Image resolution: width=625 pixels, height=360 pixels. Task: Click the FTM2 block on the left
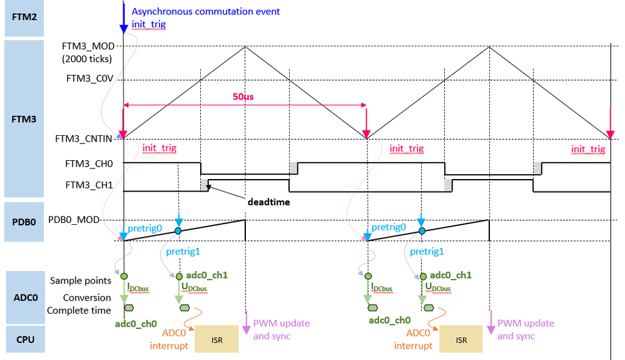(x=24, y=18)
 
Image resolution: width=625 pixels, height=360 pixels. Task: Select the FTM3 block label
(x=24, y=119)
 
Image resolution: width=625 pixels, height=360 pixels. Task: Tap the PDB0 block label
(x=24, y=222)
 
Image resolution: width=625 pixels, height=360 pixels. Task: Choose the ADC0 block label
(x=26, y=297)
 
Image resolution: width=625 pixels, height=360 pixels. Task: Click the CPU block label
(x=26, y=340)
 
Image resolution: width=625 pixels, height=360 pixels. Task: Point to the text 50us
(x=243, y=97)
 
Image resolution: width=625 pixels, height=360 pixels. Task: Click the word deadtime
(x=268, y=202)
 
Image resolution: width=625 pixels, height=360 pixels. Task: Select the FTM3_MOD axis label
(x=88, y=46)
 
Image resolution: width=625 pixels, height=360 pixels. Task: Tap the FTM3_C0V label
(x=89, y=78)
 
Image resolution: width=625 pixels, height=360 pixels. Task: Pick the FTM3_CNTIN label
(x=84, y=139)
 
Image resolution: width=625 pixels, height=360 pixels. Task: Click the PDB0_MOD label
(x=74, y=220)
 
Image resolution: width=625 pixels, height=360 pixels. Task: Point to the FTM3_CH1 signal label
(x=89, y=185)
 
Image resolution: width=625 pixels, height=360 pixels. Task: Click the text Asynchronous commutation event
(x=206, y=11)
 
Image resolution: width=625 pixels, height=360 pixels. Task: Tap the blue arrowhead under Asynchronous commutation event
(x=124, y=29)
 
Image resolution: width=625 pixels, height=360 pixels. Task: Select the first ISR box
(x=216, y=339)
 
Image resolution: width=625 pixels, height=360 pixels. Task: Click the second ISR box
(x=461, y=339)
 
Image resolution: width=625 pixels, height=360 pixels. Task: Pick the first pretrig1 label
(x=183, y=252)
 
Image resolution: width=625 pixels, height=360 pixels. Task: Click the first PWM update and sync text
(x=282, y=329)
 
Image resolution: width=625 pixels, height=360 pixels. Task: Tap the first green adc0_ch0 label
(x=136, y=324)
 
